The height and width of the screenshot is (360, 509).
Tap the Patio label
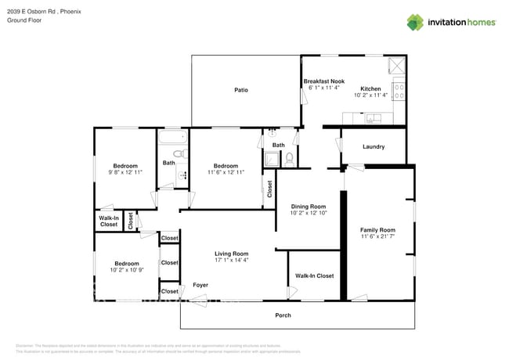point(241,90)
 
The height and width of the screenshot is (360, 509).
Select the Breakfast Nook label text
point(323,81)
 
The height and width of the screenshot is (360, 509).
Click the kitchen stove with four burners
point(398,92)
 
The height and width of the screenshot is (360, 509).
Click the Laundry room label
point(374,146)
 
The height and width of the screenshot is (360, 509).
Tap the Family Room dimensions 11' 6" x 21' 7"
point(377,236)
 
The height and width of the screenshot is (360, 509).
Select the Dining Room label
point(307,206)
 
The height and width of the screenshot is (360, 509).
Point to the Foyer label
point(200,285)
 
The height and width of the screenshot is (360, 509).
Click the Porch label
point(283,315)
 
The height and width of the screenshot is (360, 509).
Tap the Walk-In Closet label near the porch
point(314,275)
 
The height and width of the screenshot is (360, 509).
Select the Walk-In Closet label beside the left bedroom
point(109,221)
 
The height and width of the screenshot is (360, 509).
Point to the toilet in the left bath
point(179,153)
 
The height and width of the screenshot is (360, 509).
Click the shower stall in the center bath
point(272,160)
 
